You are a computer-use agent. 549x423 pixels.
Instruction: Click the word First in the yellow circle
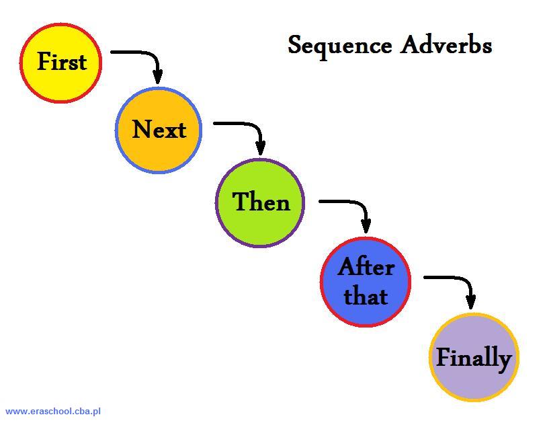(x=62, y=62)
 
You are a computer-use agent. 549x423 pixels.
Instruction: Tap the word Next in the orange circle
(x=159, y=129)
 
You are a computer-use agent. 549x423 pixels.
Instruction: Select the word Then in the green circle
(x=261, y=202)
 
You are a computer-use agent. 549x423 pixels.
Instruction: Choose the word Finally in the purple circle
(x=474, y=359)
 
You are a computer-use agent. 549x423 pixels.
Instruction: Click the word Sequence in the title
(x=339, y=46)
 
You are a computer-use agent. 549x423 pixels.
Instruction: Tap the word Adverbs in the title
(x=446, y=45)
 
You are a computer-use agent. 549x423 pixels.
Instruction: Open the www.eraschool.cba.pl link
(x=53, y=411)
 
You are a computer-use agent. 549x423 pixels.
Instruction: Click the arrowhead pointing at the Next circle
(x=158, y=77)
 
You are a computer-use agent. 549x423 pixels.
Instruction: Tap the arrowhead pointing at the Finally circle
(x=471, y=302)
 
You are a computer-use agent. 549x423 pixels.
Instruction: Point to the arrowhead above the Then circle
(x=261, y=148)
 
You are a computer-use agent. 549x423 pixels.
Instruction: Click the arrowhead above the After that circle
(x=366, y=226)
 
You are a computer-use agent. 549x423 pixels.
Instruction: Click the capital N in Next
(x=142, y=129)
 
